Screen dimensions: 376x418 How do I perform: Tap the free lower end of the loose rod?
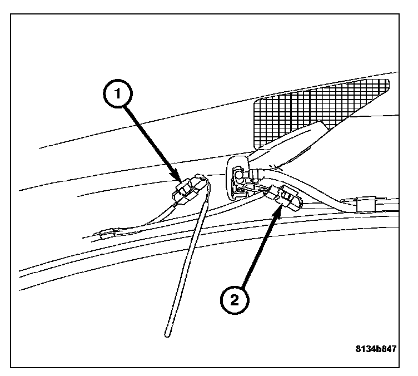pos(166,334)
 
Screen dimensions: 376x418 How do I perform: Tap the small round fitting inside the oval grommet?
pos(238,177)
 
